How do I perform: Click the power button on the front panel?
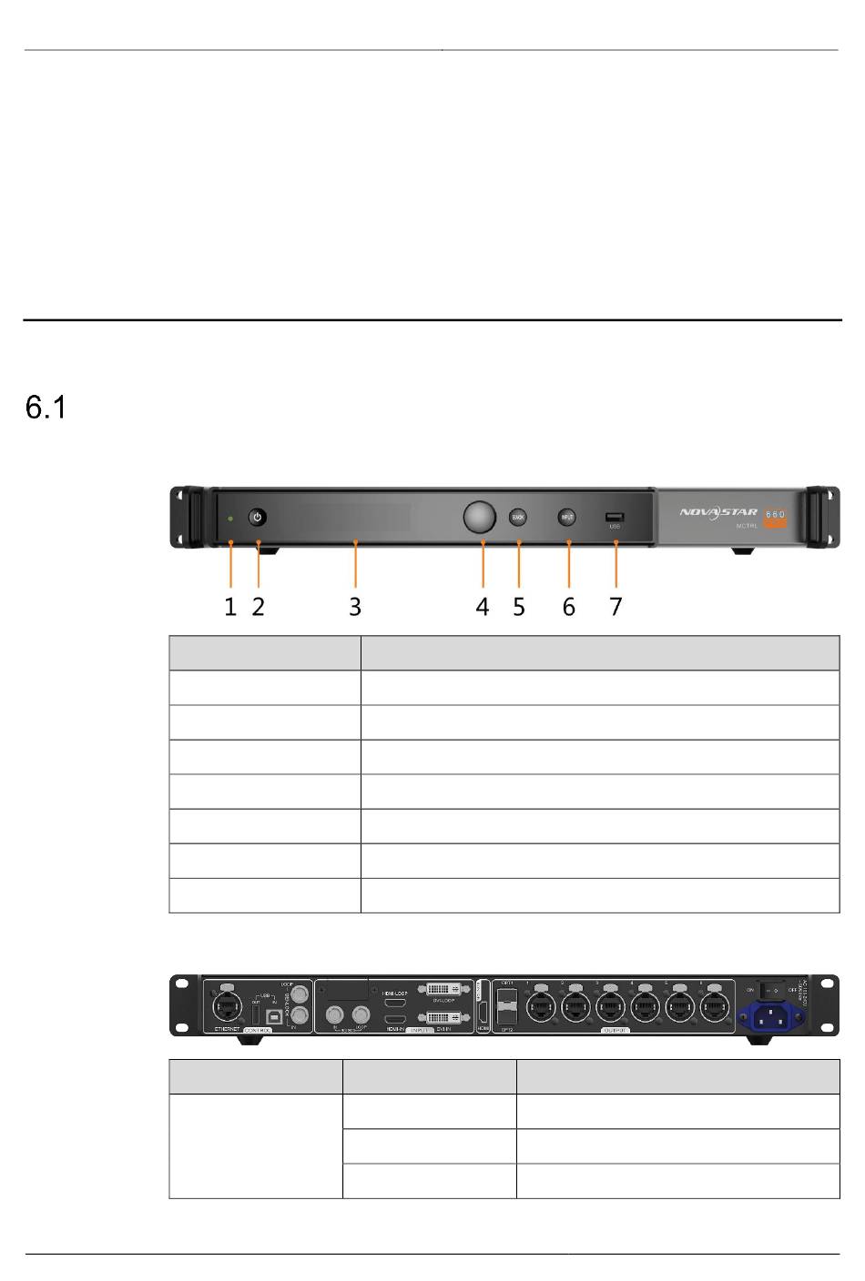(258, 518)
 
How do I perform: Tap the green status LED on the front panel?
(231, 519)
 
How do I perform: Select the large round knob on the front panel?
(481, 517)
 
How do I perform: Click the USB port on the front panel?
(615, 518)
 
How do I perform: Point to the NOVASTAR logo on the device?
(718, 512)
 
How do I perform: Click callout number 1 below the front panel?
(231, 607)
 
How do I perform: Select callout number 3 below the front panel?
(355, 607)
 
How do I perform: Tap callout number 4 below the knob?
(483, 607)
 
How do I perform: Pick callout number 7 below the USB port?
(616, 607)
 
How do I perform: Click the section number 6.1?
(46, 409)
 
